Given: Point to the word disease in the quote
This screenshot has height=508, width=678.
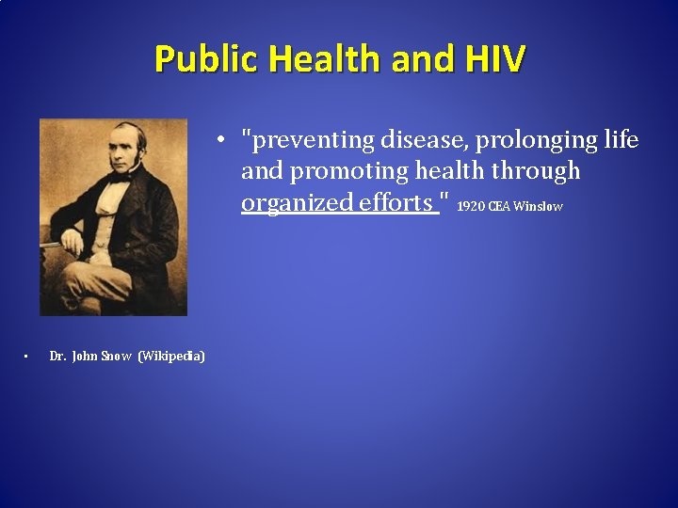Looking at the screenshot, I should tap(423, 141).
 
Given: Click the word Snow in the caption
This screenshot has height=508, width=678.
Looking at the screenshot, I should tap(116, 356).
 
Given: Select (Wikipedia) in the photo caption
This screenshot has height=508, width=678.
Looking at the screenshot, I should tap(171, 356).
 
